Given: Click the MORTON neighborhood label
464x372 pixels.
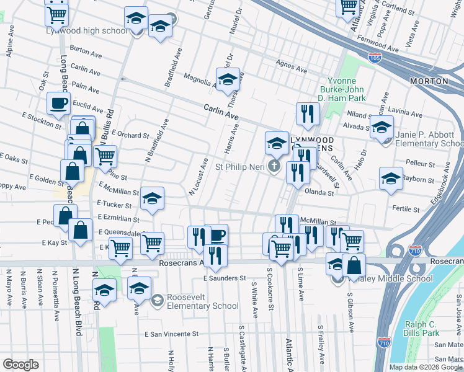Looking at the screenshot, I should point(429,81).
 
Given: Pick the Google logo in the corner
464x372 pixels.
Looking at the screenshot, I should point(20,365).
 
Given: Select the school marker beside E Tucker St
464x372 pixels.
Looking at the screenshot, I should point(152,198).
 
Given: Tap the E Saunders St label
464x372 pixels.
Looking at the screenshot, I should point(225,278).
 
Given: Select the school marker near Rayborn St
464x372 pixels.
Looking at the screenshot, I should point(391,179).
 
